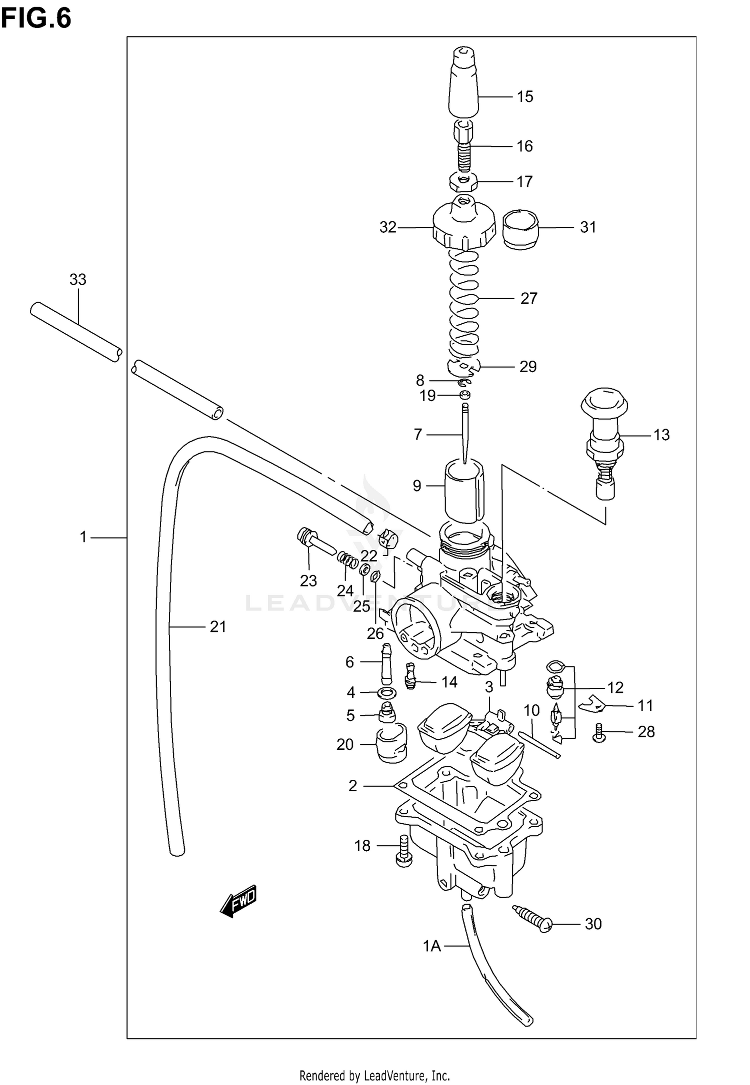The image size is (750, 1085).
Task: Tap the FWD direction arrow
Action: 239,901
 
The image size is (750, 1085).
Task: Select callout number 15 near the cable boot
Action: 525,97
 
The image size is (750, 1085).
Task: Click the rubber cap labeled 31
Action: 520,229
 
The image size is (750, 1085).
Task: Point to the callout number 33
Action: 77,280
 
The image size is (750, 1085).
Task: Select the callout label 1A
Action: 432,946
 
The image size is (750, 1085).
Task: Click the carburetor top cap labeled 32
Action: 463,227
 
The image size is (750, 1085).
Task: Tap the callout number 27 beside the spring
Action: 528,298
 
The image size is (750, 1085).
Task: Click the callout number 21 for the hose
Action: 218,626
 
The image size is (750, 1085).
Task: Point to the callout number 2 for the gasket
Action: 352,786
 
